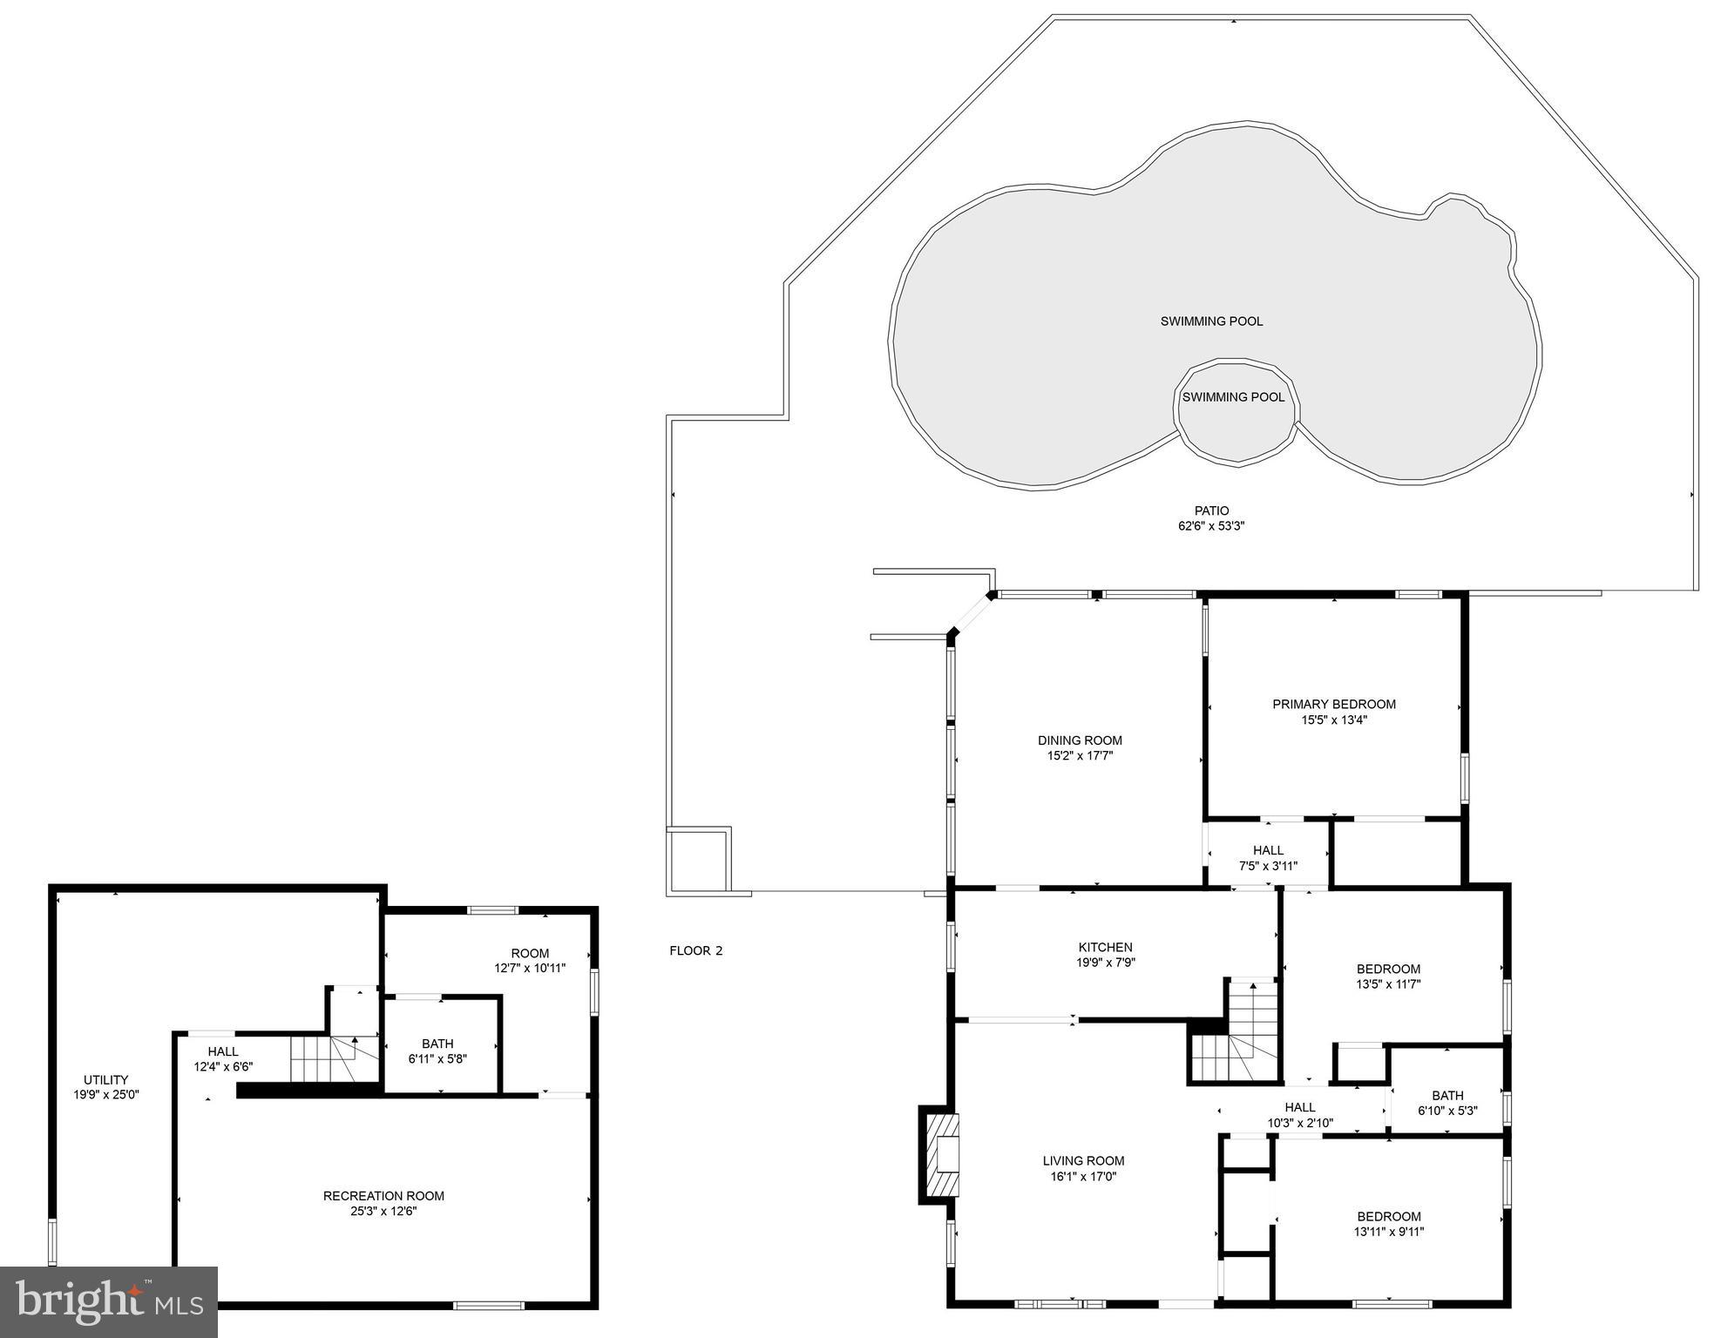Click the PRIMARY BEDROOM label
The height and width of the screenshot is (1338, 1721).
tap(1333, 704)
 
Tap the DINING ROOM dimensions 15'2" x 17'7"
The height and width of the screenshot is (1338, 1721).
tap(1080, 756)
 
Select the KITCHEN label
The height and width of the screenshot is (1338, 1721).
tap(1105, 947)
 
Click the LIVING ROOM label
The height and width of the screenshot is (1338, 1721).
tap(1083, 1160)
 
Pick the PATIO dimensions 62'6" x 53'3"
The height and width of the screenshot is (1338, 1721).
tap(1211, 526)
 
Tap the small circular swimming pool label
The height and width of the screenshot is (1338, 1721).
tap(1233, 397)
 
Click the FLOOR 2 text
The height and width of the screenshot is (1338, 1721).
tap(695, 950)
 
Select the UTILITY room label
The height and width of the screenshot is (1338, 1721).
tap(105, 1079)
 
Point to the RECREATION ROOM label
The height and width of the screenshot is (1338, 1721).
tap(383, 1196)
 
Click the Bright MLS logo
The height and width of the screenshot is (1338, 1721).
tap(108, 1301)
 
